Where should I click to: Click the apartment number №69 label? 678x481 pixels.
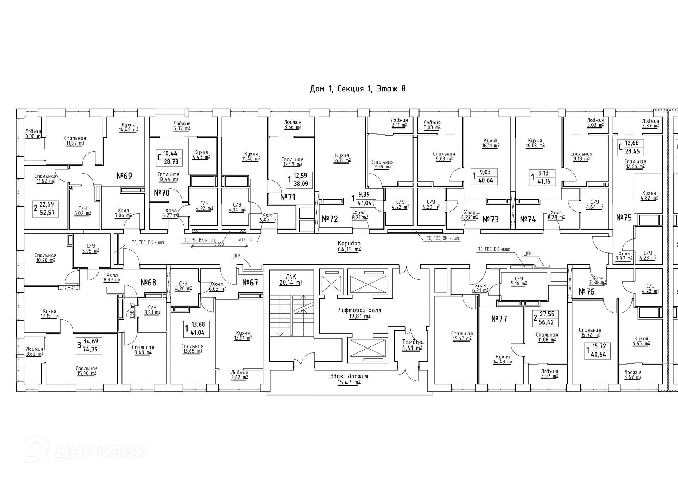coord(124,176)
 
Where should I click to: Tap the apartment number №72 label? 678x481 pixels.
coord(330,219)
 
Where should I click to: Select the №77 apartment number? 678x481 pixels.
coord(499,319)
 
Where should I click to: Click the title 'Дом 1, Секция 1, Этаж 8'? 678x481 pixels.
coord(357,89)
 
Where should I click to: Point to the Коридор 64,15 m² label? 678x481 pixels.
coord(349,247)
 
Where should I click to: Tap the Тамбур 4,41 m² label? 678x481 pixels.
coord(412,345)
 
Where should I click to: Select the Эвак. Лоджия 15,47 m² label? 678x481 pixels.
coord(349,379)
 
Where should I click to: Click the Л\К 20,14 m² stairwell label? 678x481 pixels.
coord(291,279)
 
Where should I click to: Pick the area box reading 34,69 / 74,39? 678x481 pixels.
coord(90,345)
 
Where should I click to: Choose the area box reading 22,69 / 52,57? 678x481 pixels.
coord(46,208)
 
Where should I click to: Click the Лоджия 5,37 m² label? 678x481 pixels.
coord(182,126)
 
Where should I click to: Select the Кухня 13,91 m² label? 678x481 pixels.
coord(243,335)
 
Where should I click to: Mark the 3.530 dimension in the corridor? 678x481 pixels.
coord(219,244)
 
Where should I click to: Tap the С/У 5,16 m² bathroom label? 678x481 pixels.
coord(518,281)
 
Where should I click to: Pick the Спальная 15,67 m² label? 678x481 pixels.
coord(462,336)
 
